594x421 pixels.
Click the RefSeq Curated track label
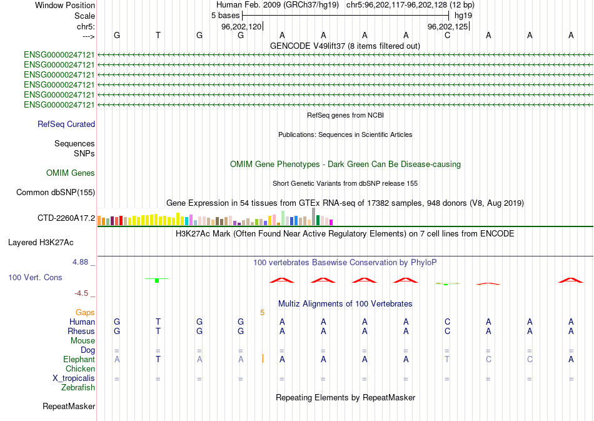(x=66, y=124)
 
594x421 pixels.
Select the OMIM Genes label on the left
(x=71, y=173)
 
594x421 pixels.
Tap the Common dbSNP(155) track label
(x=56, y=192)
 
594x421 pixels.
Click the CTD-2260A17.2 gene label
(x=66, y=218)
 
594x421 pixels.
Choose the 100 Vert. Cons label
(x=35, y=277)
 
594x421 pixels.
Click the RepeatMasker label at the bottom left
(x=69, y=406)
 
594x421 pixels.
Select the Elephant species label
(x=79, y=359)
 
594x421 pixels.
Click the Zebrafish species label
(x=78, y=387)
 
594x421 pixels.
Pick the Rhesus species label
(x=81, y=331)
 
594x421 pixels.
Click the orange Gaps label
(x=85, y=312)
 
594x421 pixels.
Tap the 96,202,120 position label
(x=241, y=27)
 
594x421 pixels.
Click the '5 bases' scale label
(x=225, y=14)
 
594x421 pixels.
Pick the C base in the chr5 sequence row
(x=447, y=35)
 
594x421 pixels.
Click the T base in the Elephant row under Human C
(x=447, y=359)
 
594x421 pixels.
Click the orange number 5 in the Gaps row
(x=263, y=312)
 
